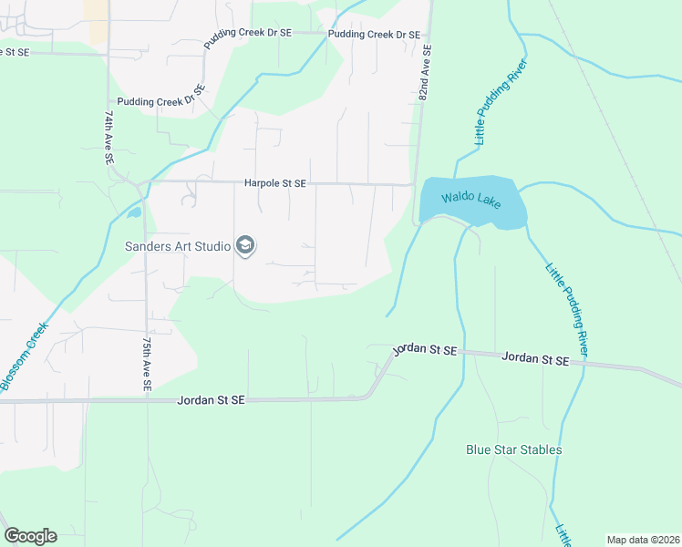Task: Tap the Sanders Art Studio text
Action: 178,245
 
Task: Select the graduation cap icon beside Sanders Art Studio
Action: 244,244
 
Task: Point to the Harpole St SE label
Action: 275,183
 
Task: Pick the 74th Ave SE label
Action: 108,138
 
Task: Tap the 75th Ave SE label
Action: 146,364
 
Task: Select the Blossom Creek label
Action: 25,356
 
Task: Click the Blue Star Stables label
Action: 513,449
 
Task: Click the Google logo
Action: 30,536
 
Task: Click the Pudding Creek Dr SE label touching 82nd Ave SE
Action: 374,35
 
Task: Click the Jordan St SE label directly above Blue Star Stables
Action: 535,360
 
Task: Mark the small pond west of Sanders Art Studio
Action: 134,213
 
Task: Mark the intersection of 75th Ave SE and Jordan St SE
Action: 146,399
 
